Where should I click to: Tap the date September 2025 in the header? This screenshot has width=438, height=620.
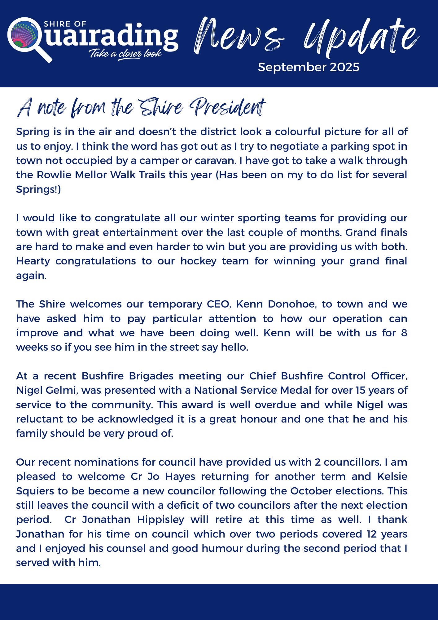309,67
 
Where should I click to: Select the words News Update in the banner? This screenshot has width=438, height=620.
305,37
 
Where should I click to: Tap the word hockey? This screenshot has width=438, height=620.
198,261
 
